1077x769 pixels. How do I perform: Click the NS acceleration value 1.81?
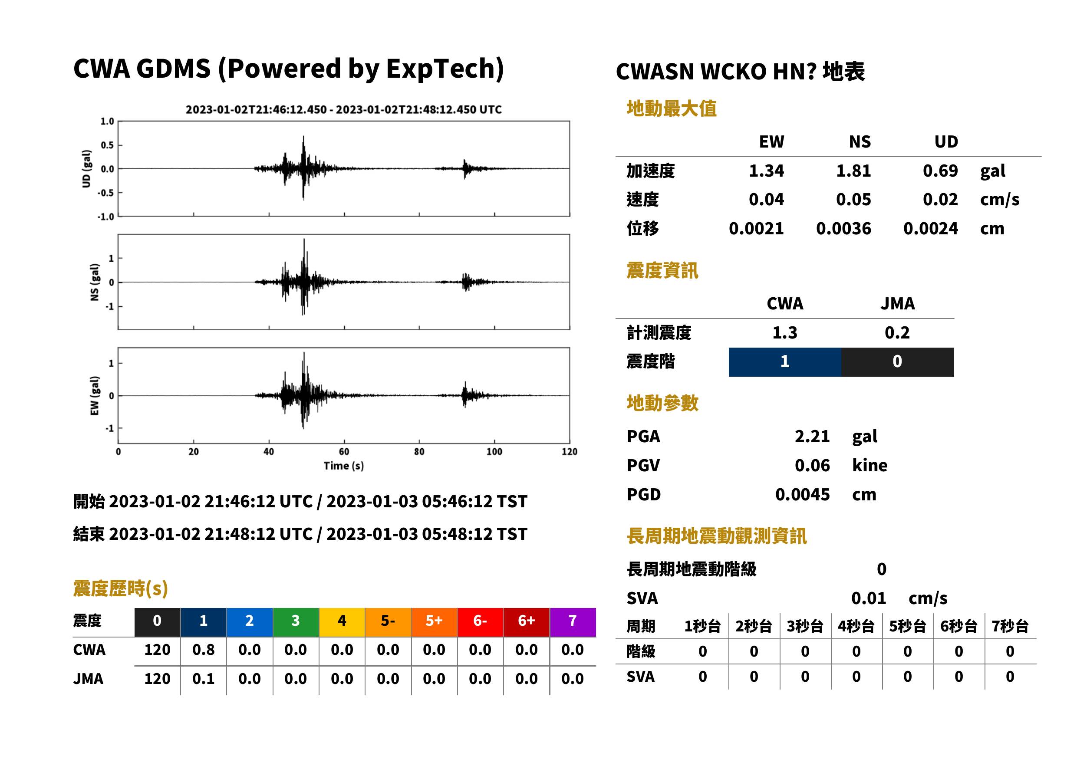click(x=853, y=171)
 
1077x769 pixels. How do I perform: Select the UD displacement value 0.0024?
click(x=930, y=228)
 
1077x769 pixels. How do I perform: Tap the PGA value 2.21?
click(x=812, y=436)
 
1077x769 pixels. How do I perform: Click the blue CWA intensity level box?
click(x=785, y=362)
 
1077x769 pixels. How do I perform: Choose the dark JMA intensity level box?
click(x=898, y=362)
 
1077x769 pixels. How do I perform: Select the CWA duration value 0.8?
click(x=203, y=650)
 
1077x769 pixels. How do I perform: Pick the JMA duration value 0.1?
click(x=203, y=679)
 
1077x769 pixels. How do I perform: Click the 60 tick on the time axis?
click(x=344, y=451)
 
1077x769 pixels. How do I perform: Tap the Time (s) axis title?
click(x=344, y=466)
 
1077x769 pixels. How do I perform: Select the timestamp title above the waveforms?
click(x=343, y=109)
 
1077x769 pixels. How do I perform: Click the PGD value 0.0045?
click(x=802, y=494)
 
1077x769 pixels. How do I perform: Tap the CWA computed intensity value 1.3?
click(x=785, y=332)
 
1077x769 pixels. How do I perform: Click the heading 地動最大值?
click(x=672, y=108)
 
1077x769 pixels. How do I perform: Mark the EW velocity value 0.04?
click(x=766, y=199)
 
